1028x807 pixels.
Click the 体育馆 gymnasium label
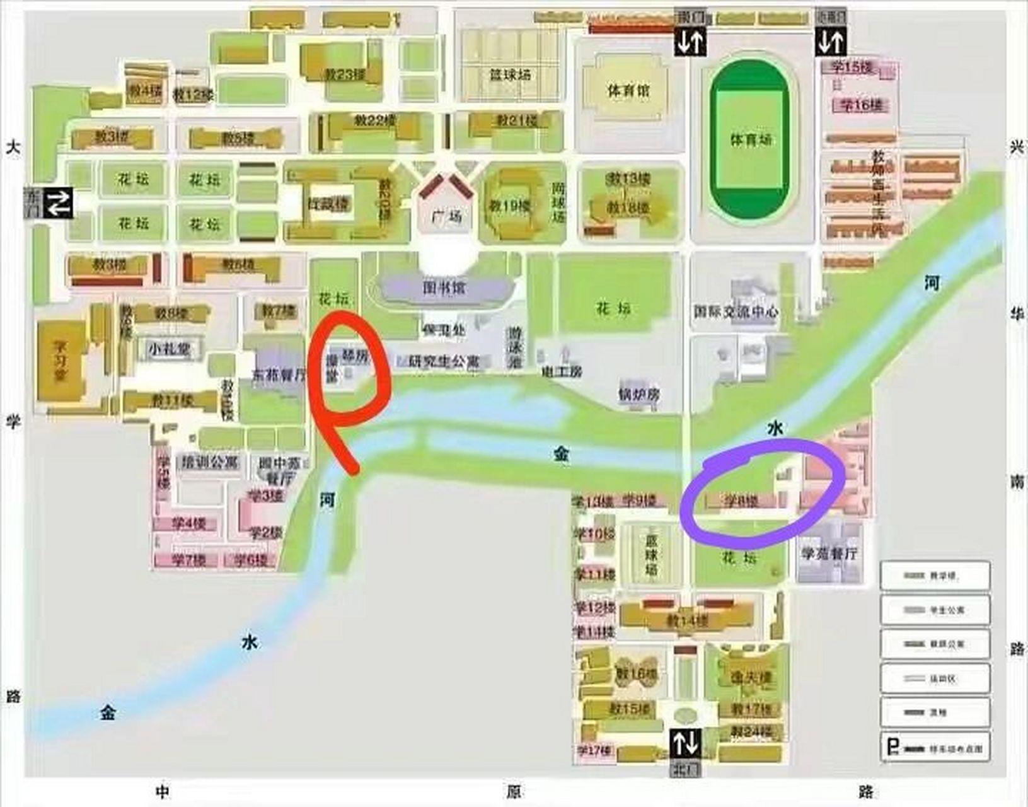[x=628, y=91]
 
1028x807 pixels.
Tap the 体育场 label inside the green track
[x=750, y=139]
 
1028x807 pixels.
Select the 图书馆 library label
[x=444, y=289]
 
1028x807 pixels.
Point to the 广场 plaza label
[x=447, y=217]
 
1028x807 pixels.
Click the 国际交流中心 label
[x=736, y=311]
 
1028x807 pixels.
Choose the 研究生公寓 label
[x=444, y=361]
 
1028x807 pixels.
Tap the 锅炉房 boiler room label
[x=638, y=395]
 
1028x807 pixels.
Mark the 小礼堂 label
[x=169, y=348]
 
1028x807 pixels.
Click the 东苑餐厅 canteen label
[x=278, y=374]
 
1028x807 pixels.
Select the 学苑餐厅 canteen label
[x=829, y=554]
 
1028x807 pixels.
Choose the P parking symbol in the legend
[x=892, y=748]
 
